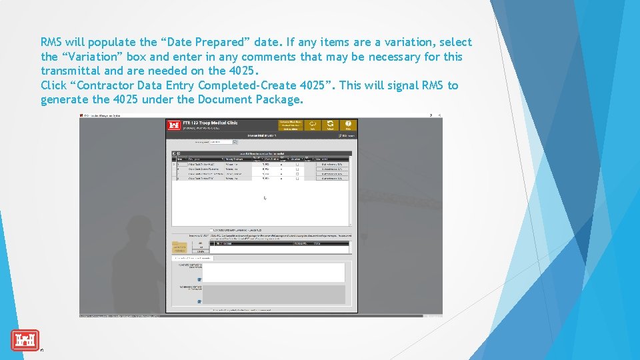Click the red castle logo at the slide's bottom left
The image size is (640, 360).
coord(25,340)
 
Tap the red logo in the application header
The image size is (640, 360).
coord(174,125)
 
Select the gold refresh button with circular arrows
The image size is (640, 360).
coord(331,125)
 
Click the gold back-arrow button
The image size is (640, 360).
coord(313,125)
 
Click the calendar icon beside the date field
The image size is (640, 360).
coord(235,142)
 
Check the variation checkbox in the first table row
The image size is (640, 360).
coord(297,164)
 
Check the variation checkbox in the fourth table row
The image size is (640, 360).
coord(297,178)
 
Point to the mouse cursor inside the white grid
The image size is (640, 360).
coord(265,198)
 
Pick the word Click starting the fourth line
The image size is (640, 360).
coord(53,85)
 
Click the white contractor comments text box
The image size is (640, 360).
coord(273,272)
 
